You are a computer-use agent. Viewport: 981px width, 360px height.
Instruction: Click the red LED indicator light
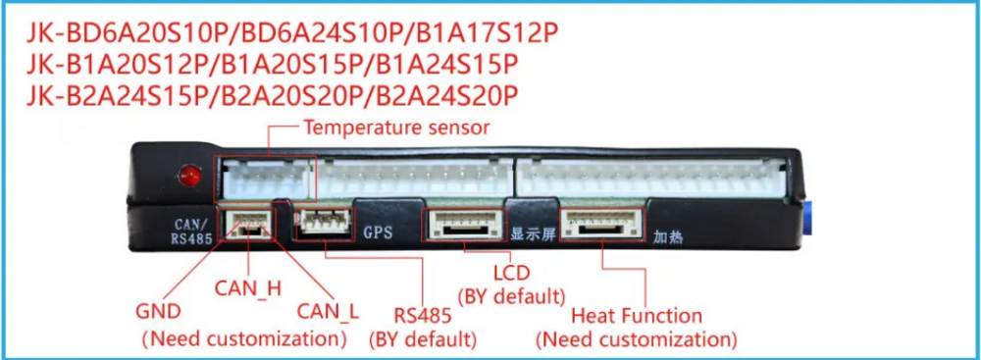pyautogui.click(x=187, y=178)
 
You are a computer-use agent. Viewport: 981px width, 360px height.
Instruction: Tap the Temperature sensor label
pyautogui.click(x=396, y=128)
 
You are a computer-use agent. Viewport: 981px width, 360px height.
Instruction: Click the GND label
pyautogui.click(x=158, y=312)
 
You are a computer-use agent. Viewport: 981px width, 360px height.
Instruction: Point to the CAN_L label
pyautogui.click(x=329, y=312)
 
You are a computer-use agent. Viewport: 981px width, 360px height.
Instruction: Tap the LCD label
pyautogui.click(x=510, y=271)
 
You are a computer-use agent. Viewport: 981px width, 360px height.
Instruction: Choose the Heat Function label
pyautogui.click(x=637, y=316)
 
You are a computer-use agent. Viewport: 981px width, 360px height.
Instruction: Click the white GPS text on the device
pyautogui.click(x=378, y=233)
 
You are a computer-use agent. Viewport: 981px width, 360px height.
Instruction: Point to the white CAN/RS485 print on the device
pyautogui.click(x=187, y=230)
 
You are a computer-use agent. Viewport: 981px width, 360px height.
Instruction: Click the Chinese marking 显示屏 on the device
pyautogui.click(x=531, y=234)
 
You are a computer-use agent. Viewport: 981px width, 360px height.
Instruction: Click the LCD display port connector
pyautogui.click(x=462, y=224)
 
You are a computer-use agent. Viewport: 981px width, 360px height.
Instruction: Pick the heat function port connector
pyautogui.click(x=600, y=224)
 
